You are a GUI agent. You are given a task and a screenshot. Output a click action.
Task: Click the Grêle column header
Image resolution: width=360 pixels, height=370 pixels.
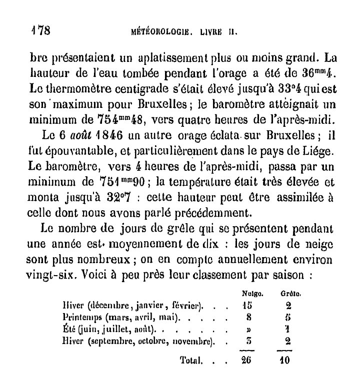[284, 295]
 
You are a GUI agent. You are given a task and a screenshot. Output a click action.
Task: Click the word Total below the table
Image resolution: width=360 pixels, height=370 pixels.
[191, 359]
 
